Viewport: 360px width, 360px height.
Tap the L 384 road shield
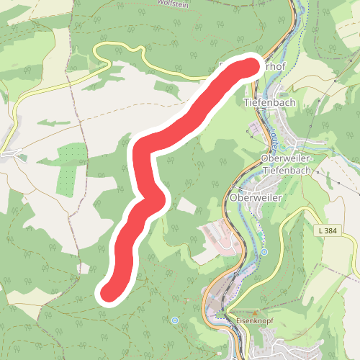(x=328, y=229)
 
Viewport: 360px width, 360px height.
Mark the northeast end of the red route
(x=247, y=68)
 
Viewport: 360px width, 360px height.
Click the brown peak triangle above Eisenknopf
(x=254, y=312)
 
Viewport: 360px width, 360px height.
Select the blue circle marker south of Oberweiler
(x=264, y=252)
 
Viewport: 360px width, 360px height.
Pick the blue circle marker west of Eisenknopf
(x=175, y=319)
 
